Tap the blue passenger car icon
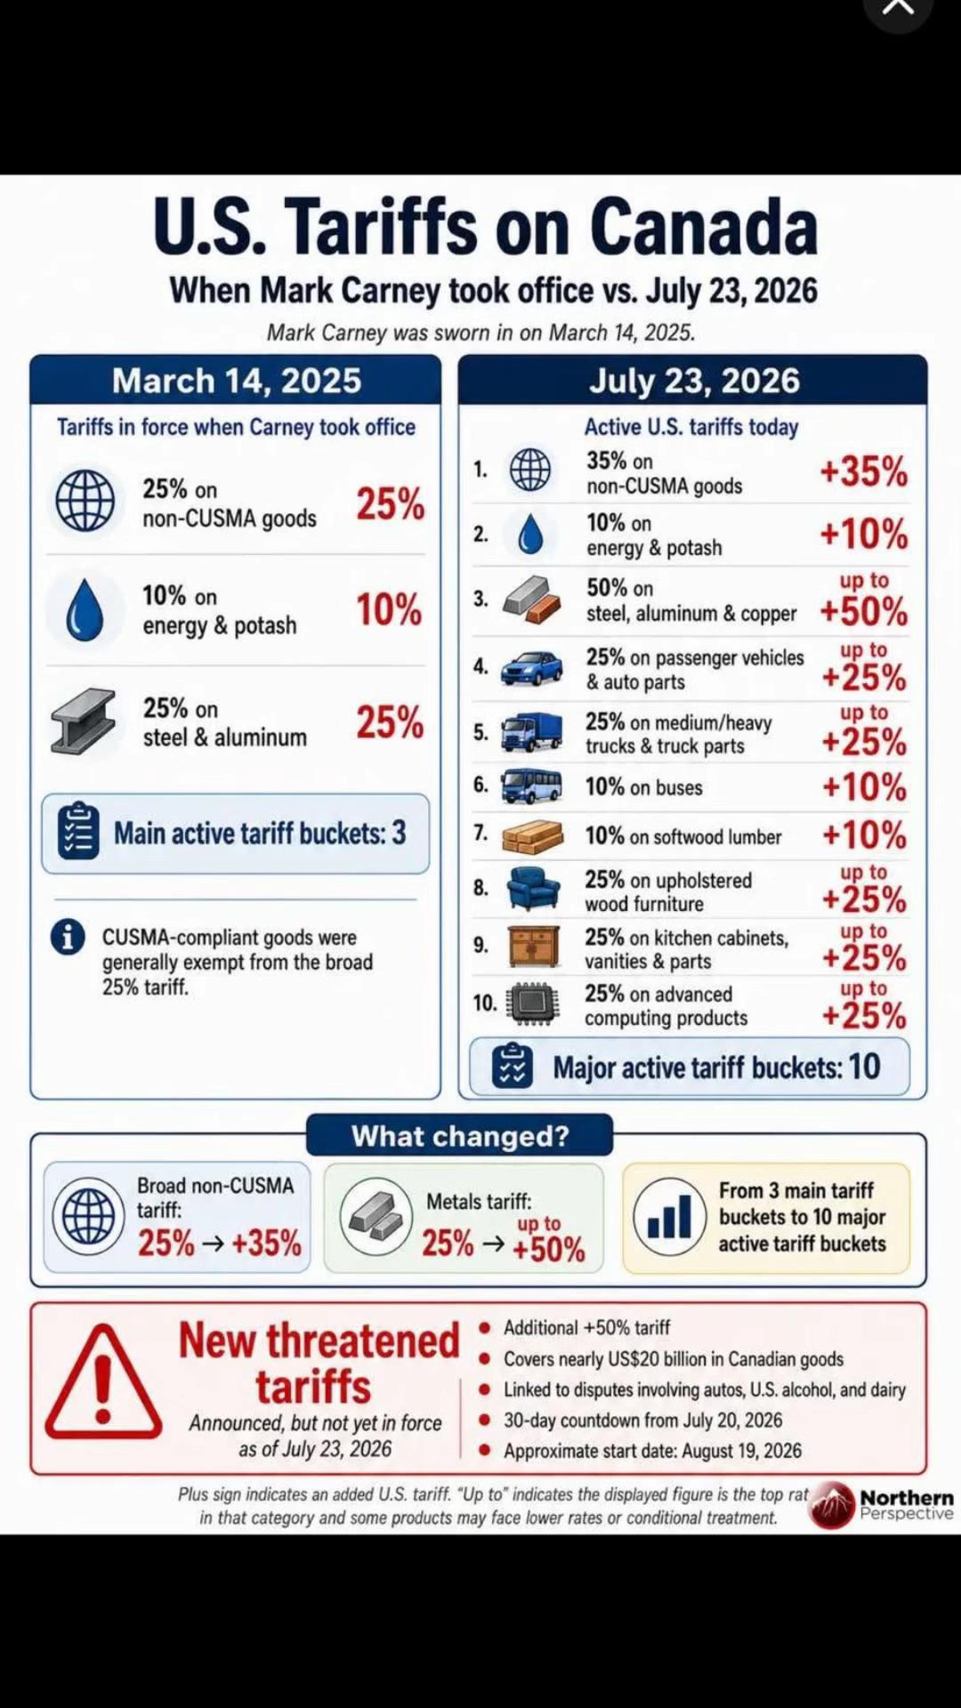click(531, 668)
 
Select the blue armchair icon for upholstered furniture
click(533, 888)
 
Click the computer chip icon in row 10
click(532, 1003)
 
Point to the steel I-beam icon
click(83, 721)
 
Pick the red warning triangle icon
click(103, 1382)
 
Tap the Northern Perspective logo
click(881, 1504)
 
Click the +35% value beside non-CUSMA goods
click(863, 471)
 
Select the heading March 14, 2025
click(237, 381)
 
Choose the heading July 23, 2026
click(694, 381)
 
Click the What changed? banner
click(460, 1136)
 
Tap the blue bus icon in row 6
click(531, 786)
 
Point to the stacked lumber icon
click(532, 837)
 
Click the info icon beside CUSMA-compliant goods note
click(68, 937)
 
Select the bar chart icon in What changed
click(669, 1216)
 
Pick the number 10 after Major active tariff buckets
click(864, 1067)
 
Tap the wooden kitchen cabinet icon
click(534, 946)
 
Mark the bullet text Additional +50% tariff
click(587, 1327)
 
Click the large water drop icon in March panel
click(85, 610)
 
